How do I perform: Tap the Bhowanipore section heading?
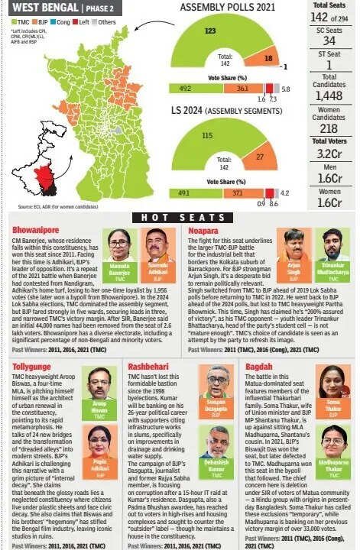pos(37,228)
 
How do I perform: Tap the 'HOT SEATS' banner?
pos(180,216)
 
